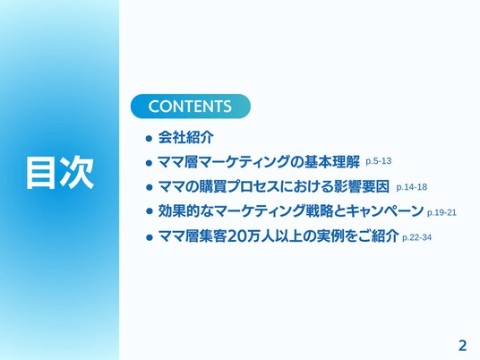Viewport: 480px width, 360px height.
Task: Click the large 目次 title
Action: pos(60,172)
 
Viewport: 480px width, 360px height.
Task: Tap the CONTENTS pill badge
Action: pos(191,107)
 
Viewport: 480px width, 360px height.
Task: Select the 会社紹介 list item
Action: pos(185,137)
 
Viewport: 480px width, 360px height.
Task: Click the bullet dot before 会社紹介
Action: pos(149,139)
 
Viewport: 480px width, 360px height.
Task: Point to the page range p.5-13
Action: pos(379,161)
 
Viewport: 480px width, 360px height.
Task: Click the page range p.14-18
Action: pos(412,187)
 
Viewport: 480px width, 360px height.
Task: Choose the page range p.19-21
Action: pos(441,212)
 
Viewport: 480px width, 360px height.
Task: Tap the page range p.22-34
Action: pos(416,237)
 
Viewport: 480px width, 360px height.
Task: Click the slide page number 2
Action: pos(463,346)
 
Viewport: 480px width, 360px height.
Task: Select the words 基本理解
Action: pos(332,162)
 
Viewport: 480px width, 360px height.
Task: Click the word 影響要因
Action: pos(361,186)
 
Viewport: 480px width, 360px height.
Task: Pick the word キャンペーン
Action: pos(385,211)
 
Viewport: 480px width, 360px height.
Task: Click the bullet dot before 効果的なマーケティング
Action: pos(149,211)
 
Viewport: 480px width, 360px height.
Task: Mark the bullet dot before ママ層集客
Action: pos(149,237)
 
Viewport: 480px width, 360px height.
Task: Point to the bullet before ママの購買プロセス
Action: pos(149,187)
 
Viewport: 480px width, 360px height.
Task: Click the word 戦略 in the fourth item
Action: pos(320,211)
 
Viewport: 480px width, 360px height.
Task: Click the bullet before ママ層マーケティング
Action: pos(149,163)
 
